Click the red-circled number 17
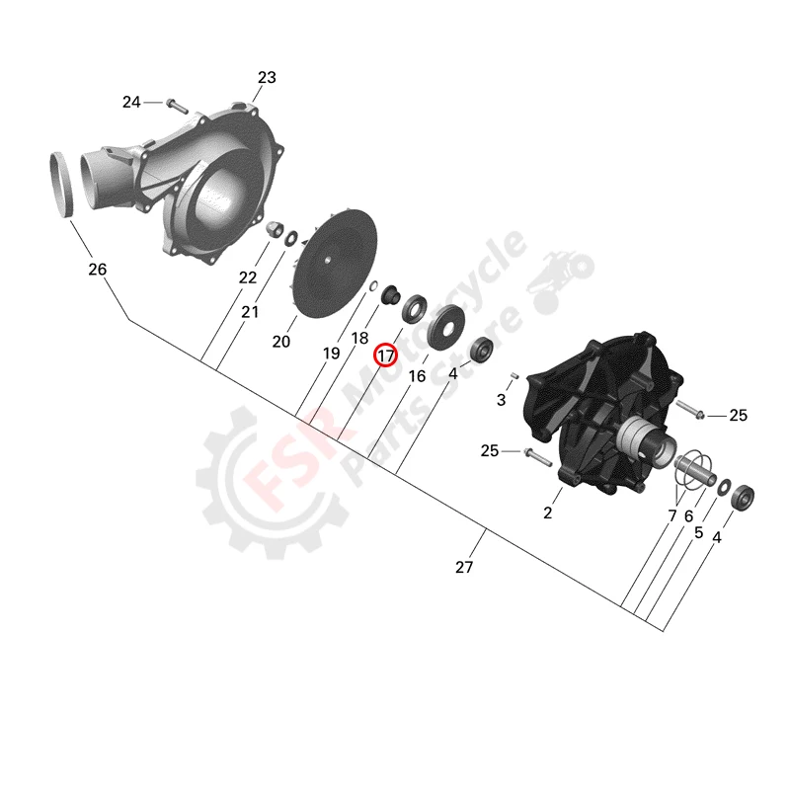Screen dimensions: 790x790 point(385,354)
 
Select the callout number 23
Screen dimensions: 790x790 point(267,77)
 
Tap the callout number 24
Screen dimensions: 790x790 point(132,102)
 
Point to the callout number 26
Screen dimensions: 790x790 point(97,269)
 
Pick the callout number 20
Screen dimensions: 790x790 point(281,342)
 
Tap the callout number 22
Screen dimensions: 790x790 point(247,278)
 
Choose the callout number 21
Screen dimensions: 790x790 point(249,312)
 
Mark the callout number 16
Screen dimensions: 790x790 point(417,376)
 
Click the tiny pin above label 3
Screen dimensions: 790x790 point(515,376)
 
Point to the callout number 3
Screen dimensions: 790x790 point(501,400)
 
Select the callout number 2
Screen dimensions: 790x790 point(548,513)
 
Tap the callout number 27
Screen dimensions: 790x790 point(464,567)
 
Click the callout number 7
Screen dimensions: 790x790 point(672,515)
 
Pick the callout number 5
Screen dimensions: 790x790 point(698,531)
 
